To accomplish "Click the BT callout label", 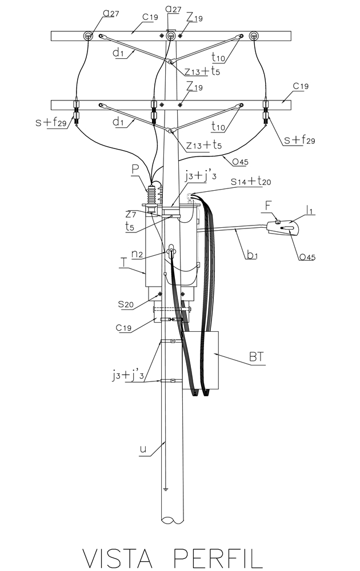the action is pyautogui.click(x=257, y=357).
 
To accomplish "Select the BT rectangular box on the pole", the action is pyautogui.click(x=201, y=360).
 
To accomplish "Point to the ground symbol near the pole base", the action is pyautogui.click(x=166, y=489).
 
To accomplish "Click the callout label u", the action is pyautogui.click(x=143, y=449).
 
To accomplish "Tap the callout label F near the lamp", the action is pyautogui.click(x=268, y=206).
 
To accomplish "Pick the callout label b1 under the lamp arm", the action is pyautogui.click(x=252, y=254).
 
